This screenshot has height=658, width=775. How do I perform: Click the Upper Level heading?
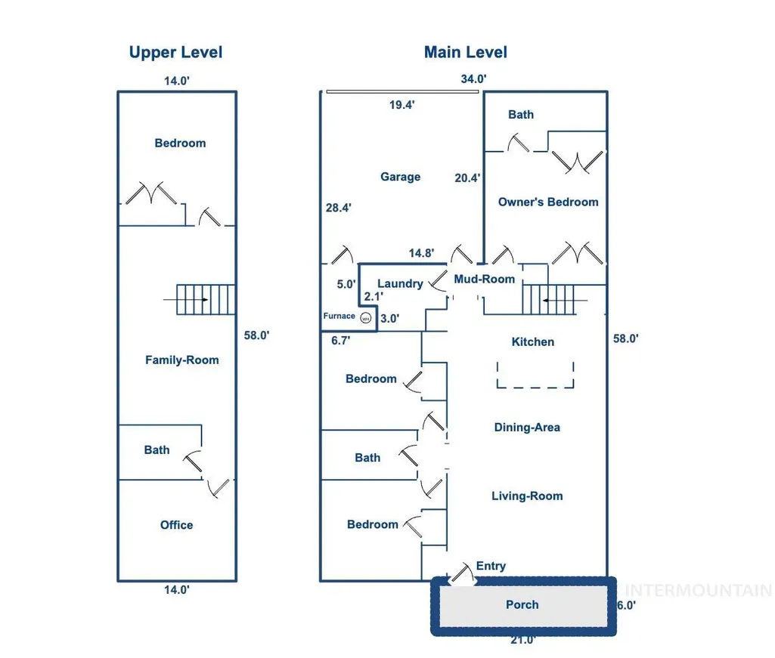[x=175, y=52]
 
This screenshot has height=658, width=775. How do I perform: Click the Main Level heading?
[x=466, y=52]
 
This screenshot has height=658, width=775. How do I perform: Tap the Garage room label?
[x=400, y=177]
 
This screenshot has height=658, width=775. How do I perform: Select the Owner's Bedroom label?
[x=548, y=202]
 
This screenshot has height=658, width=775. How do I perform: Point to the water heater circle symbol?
[x=365, y=318]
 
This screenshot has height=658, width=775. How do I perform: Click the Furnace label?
[x=339, y=316]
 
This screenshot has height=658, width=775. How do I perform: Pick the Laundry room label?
[x=400, y=284]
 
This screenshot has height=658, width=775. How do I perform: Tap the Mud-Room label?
[x=485, y=279]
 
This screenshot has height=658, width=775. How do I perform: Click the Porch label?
[x=522, y=604]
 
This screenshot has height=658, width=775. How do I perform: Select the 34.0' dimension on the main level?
[x=473, y=79]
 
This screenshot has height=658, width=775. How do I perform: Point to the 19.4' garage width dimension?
[x=401, y=105]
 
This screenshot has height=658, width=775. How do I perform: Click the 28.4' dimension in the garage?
[x=339, y=208]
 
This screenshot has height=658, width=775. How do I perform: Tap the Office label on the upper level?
[x=176, y=525]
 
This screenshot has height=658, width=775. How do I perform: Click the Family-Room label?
[x=182, y=360]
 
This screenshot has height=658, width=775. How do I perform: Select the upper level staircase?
[x=206, y=299]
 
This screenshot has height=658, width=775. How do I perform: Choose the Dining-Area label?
[x=527, y=428]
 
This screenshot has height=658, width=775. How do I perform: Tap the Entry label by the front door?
[x=491, y=566]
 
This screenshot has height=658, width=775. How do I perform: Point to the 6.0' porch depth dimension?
[x=626, y=606]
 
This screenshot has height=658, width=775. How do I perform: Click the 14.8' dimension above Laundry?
[x=422, y=253]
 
